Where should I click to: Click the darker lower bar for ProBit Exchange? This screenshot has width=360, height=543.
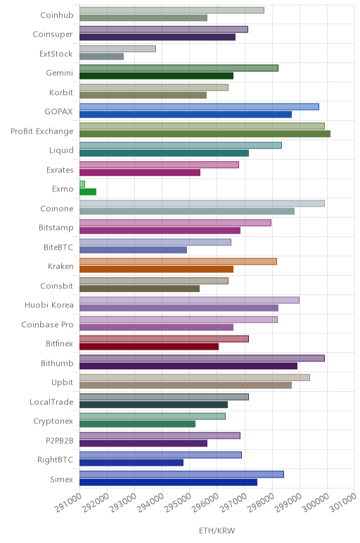click(x=205, y=134)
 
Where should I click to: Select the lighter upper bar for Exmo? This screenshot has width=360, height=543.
click(x=82, y=184)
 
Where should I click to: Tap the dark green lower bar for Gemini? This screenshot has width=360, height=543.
click(x=157, y=76)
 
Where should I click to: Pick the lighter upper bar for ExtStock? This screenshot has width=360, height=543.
click(x=117, y=49)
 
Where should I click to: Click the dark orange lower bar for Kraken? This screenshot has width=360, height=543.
click(x=157, y=269)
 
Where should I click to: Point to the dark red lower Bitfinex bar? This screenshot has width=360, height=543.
click(x=149, y=346)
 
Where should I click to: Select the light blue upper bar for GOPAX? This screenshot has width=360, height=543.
click(x=200, y=107)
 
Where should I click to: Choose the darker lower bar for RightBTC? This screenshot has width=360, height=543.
click(x=131, y=462)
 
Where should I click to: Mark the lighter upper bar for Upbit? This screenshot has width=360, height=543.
click(x=195, y=378)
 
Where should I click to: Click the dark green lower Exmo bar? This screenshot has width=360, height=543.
click(x=88, y=192)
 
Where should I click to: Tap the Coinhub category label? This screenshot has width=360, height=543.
click(x=57, y=15)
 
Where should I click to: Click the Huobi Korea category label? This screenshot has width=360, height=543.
click(x=49, y=305)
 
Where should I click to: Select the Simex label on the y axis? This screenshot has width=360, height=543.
click(x=62, y=479)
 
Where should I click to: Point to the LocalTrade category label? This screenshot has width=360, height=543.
click(x=51, y=402)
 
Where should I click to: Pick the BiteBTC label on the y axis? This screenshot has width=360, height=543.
click(x=58, y=248)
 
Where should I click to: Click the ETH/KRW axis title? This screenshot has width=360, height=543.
click(x=217, y=530)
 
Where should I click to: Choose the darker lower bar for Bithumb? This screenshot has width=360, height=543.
click(x=188, y=366)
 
